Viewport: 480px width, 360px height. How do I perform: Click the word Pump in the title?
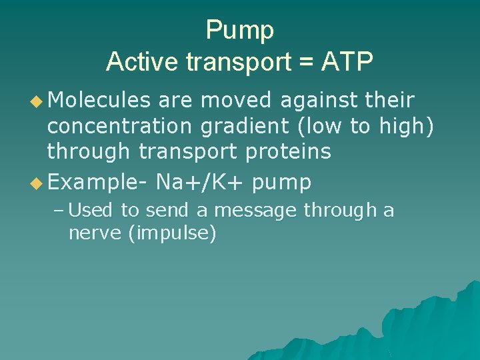(240, 30)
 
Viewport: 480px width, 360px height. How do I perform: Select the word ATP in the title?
(346, 61)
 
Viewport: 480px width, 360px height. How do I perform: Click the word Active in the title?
(143, 61)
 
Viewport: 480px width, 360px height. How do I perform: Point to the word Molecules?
(99, 101)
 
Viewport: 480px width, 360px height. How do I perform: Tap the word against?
(318, 101)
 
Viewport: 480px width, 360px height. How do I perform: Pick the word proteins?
(288, 152)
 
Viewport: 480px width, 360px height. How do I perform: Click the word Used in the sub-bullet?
(91, 211)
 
